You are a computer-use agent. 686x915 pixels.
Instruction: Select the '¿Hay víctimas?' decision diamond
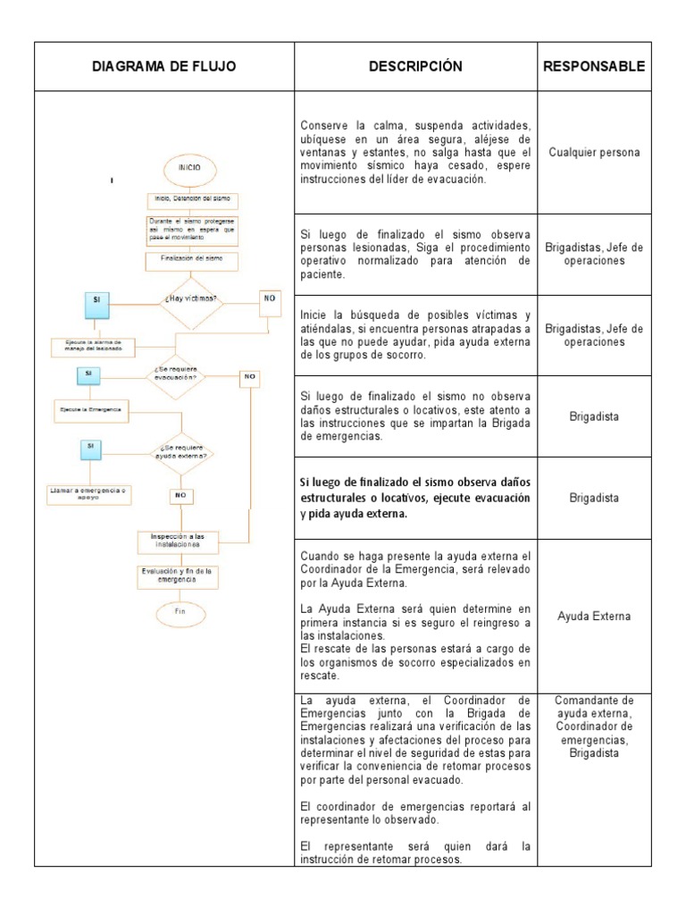191,300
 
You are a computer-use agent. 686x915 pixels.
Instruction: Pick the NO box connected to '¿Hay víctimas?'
270,299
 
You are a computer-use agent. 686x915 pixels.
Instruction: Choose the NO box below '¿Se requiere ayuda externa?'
180,494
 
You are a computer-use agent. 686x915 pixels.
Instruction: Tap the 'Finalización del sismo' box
191,261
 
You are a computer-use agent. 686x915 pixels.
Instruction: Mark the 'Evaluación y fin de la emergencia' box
181,575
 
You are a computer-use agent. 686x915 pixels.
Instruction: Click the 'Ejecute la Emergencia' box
89,410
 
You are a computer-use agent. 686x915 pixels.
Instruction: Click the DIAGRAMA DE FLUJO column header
163,66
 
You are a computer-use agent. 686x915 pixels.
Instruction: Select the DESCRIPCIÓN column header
415,66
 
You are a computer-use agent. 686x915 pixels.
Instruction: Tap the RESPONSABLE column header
594,66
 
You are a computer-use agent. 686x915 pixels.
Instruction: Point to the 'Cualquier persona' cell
594,152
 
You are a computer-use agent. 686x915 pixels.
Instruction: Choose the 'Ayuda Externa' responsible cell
594,616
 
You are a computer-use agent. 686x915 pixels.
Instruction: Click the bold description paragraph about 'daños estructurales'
415,498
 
